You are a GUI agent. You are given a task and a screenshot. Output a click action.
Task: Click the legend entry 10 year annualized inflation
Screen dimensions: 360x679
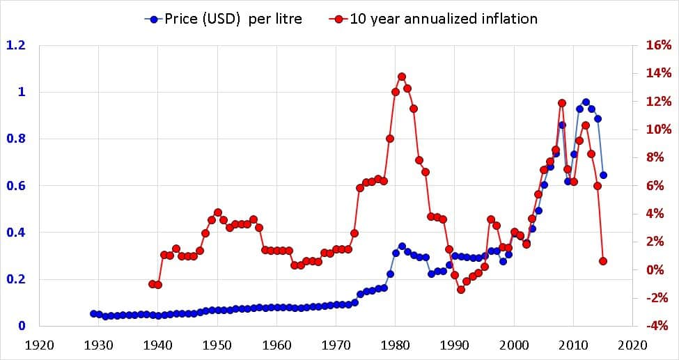click(x=432, y=19)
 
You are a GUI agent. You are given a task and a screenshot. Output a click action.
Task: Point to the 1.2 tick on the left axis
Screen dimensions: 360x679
click(x=16, y=45)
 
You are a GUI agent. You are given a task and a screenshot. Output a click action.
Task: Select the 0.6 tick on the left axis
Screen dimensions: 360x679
click(x=16, y=186)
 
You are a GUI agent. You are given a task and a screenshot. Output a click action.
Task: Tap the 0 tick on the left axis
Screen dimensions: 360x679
click(x=22, y=326)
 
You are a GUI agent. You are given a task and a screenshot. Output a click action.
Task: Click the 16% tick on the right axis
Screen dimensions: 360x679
click(x=658, y=45)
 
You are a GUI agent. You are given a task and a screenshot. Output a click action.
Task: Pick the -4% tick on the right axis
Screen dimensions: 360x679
click(x=658, y=326)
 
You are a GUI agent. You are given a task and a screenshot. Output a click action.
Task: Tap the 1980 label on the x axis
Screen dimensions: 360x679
click(x=396, y=344)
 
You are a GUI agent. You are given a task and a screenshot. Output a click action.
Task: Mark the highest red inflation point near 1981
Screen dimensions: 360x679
click(x=402, y=77)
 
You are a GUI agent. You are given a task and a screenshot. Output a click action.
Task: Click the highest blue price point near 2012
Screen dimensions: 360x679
click(x=586, y=102)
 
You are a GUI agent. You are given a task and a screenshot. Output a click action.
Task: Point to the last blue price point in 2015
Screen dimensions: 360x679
click(x=603, y=175)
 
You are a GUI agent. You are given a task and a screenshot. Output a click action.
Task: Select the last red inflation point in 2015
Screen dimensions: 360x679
click(x=603, y=261)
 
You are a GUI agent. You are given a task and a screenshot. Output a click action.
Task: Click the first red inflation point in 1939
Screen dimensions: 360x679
click(x=153, y=284)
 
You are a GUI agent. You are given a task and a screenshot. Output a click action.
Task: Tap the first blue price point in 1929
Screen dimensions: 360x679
click(x=93, y=313)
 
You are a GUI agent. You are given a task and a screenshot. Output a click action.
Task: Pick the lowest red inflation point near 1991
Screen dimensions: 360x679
click(x=461, y=290)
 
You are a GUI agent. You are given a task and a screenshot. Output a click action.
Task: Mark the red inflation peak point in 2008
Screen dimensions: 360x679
click(x=562, y=103)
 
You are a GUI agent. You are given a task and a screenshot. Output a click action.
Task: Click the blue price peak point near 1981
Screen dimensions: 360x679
click(x=402, y=246)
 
